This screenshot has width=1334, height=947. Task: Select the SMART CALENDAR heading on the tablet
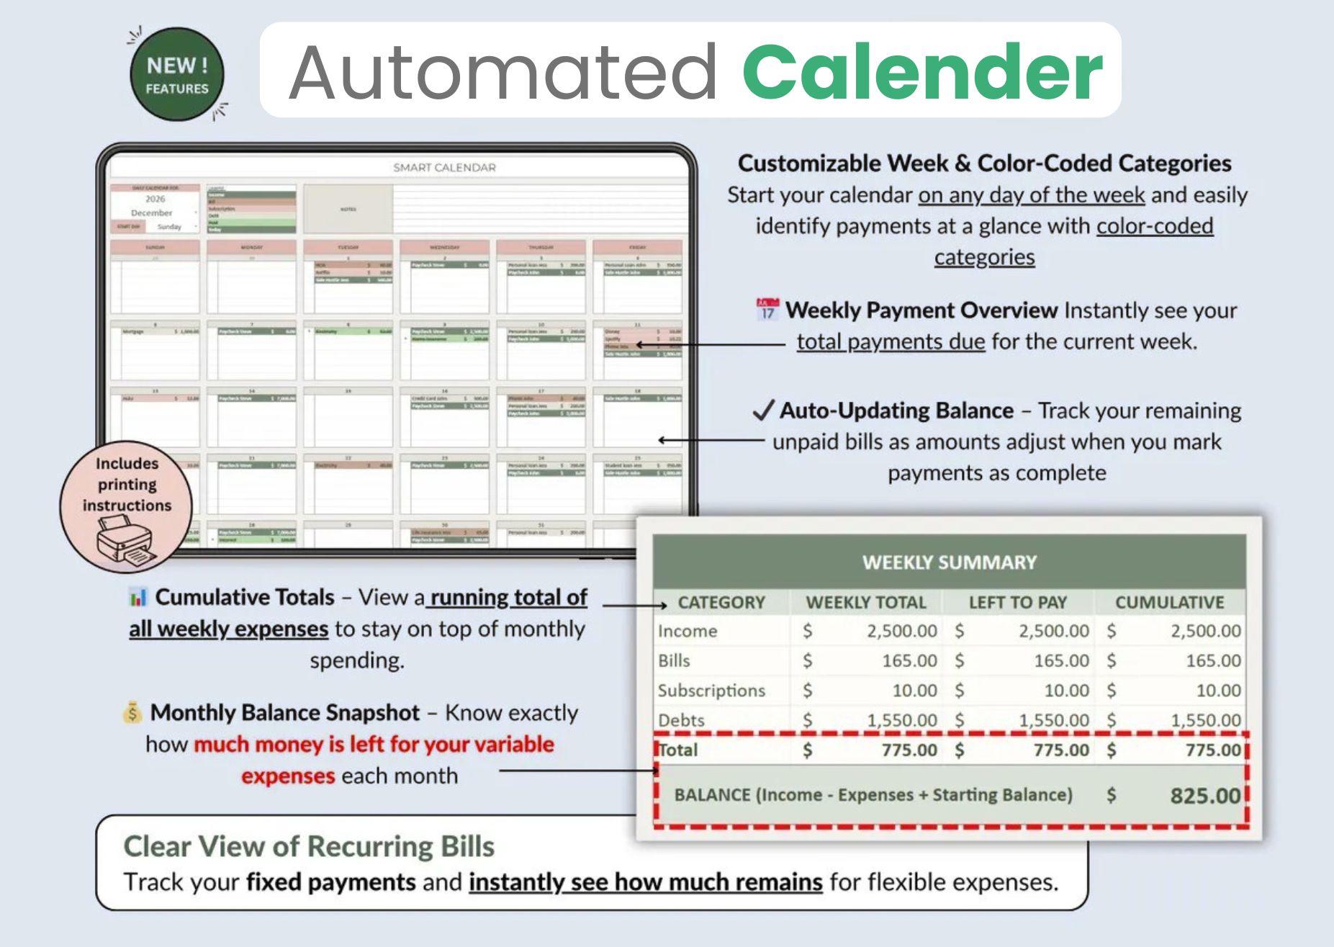444,168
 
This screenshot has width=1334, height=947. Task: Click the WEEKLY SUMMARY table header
949,562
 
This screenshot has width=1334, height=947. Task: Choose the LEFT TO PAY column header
1017,602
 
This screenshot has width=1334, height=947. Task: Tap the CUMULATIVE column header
1169,602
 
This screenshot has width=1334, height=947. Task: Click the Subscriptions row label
711,691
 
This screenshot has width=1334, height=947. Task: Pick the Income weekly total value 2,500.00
901,632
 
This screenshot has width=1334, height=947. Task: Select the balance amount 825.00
1204,796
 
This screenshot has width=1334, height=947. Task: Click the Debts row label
681,720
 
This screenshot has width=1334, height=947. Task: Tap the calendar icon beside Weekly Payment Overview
767,310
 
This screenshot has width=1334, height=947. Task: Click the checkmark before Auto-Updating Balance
762,410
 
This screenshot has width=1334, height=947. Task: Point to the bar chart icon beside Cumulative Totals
138,597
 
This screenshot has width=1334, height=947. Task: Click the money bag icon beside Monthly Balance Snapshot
132,712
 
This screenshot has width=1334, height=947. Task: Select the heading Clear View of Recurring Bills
309,847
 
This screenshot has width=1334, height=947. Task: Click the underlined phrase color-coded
1154,226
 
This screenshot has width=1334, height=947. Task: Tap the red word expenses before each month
288,776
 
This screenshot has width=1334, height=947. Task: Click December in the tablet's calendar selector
151,213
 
